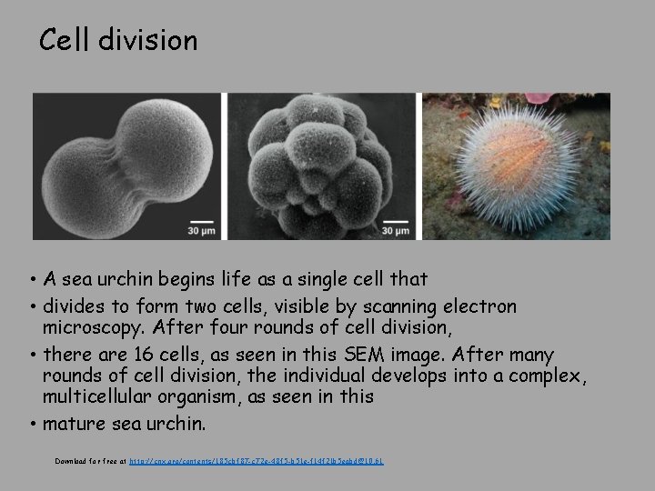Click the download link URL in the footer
coord(257,462)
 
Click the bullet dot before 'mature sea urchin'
coord(31,424)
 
